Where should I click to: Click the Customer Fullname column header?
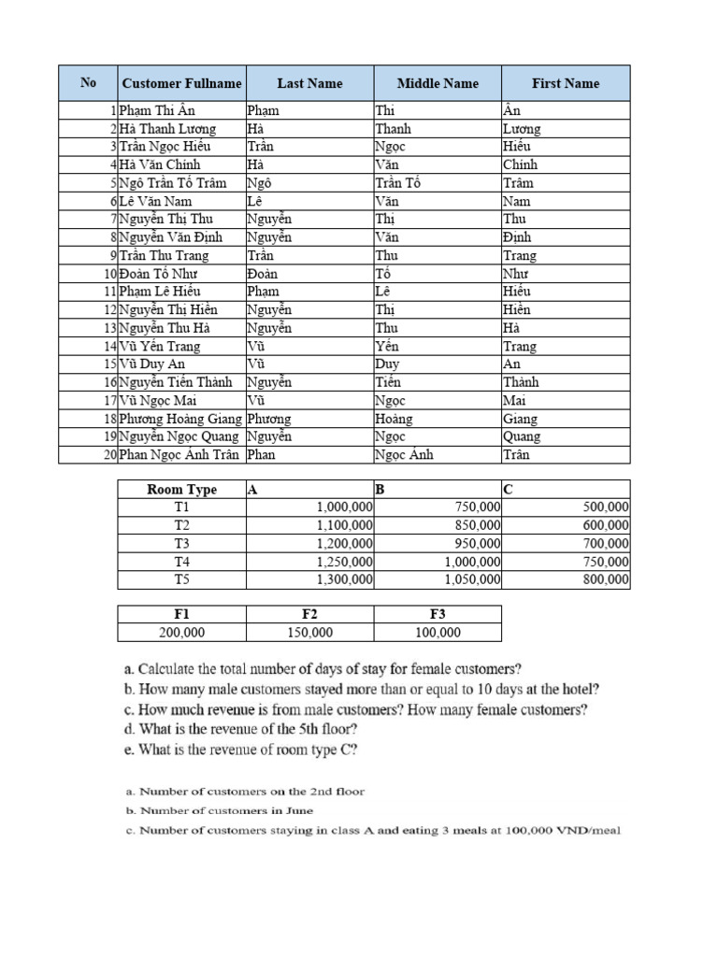pyautogui.click(x=181, y=83)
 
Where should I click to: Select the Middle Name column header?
pyautogui.click(x=438, y=83)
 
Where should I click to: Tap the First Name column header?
pyautogui.click(x=566, y=83)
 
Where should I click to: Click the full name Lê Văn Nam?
pyautogui.click(x=155, y=201)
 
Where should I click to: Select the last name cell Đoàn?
pyautogui.click(x=263, y=274)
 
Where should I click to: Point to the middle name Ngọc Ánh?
pyautogui.click(x=404, y=455)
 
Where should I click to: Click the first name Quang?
pyautogui.click(x=521, y=436)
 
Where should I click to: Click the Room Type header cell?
pyautogui.click(x=181, y=490)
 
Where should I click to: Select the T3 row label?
pyautogui.click(x=181, y=544)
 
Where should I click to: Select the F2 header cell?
pyautogui.click(x=309, y=614)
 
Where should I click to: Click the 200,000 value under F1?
pyautogui.click(x=181, y=633)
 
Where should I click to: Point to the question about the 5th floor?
pyautogui.click(x=257, y=729)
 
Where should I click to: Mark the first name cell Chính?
pyautogui.click(x=520, y=164)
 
